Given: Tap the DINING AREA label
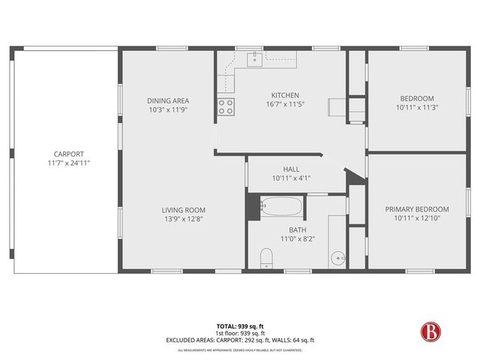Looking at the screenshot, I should [x=167, y=100].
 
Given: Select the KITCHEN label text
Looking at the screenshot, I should [x=285, y=95].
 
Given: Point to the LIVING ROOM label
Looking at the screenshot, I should [x=184, y=210].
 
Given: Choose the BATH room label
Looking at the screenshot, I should [x=297, y=229].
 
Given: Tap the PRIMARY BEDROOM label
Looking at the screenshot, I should [x=417, y=209].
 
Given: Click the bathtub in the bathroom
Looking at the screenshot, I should [x=282, y=205].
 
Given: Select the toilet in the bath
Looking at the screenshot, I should [x=264, y=259].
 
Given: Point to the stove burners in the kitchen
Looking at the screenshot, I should [x=225, y=106].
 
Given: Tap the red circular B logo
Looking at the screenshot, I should [x=430, y=331].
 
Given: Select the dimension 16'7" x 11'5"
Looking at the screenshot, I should [x=285, y=104].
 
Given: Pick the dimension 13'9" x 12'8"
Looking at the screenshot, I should [x=184, y=219].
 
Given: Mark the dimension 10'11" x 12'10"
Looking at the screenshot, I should [x=417, y=218].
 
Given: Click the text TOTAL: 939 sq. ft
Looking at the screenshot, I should [x=240, y=326].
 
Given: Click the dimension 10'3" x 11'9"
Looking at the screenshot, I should [x=167, y=109].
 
